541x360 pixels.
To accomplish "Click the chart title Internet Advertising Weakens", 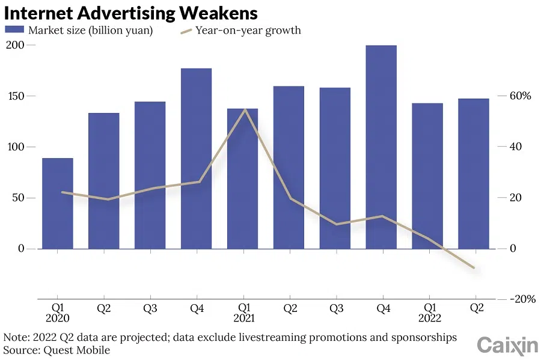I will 131,13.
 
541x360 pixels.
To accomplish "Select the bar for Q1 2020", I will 58,204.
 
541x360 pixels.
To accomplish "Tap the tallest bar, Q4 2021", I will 381,147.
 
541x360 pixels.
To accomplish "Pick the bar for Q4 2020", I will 196,159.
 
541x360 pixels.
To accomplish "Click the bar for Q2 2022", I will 474,174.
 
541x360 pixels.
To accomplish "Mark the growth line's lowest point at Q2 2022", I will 474,267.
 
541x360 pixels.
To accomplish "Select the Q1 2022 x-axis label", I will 429,313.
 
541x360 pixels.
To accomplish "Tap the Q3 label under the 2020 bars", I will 150,308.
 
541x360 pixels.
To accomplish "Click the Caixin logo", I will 507,345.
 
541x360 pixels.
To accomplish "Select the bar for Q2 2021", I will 289,168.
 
